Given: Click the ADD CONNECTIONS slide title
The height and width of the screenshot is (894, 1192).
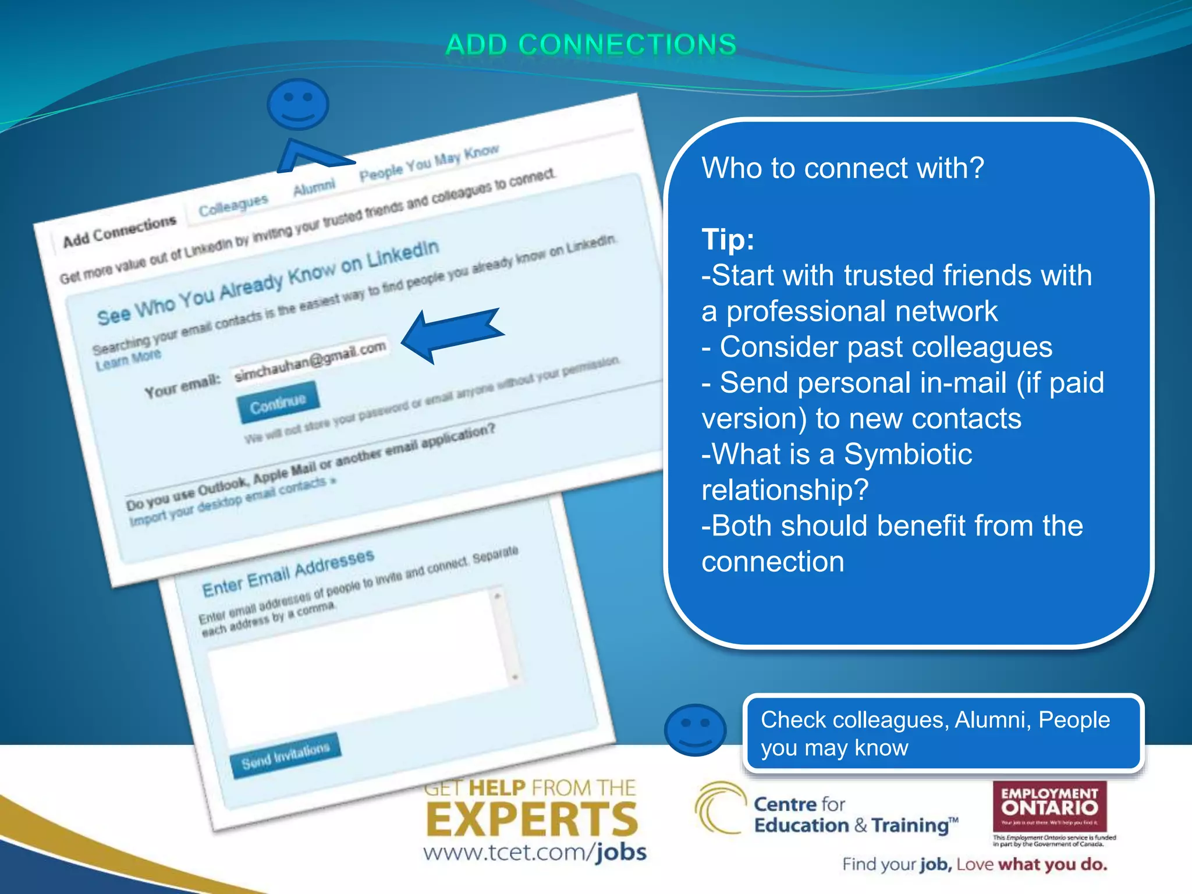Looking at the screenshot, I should coord(591,45).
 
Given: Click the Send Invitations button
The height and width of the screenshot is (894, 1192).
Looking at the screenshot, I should coord(285,755).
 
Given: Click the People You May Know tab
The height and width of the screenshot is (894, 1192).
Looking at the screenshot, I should coord(429,162).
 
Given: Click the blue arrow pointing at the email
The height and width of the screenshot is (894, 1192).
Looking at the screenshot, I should coord(451,334).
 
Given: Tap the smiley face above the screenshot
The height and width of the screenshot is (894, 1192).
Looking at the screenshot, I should coord(297,104).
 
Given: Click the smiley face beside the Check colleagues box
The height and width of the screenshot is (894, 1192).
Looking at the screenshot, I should coord(695,730).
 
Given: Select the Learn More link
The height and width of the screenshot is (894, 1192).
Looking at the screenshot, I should coord(128,359).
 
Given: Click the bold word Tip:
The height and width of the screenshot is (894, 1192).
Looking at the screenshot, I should coord(728,239).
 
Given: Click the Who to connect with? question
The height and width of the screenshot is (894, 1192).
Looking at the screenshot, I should coord(842,168).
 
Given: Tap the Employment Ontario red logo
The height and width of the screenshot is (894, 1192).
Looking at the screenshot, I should coord(1049,806).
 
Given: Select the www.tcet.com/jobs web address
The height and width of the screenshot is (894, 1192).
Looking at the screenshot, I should coord(535,853).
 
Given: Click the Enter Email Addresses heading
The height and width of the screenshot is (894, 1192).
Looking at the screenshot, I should coord(288,573).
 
